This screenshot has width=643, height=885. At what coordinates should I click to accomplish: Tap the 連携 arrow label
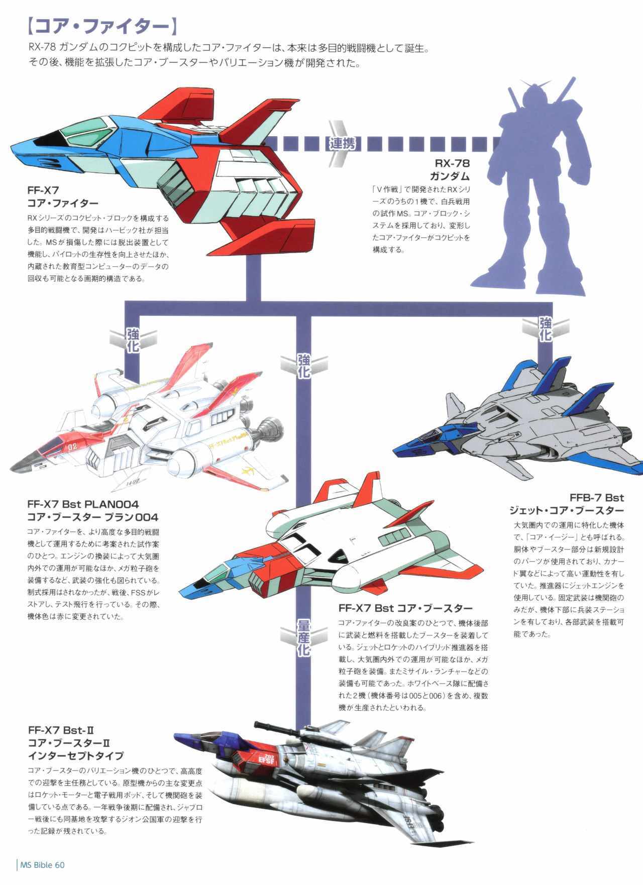tap(343, 144)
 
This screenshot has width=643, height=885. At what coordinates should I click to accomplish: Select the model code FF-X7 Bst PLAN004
tap(83, 504)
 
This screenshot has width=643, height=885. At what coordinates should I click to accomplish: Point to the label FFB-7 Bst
tap(596, 498)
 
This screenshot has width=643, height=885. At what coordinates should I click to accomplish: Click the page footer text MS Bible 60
tap(42, 864)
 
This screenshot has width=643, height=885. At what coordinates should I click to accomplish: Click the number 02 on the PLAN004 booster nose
tap(73, 446)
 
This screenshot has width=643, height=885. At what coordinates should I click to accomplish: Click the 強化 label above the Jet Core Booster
tap(545, 329)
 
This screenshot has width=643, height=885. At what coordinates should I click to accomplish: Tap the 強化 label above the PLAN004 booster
tap(133, 341)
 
